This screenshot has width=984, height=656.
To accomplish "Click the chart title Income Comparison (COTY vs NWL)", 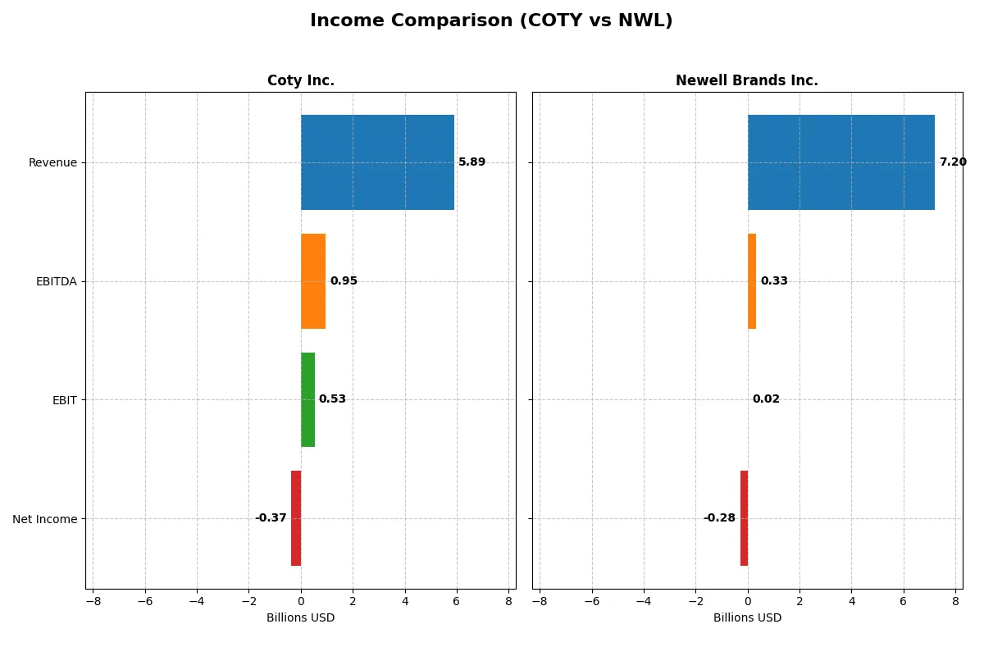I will [x=491, y=21].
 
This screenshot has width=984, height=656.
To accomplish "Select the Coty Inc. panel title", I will [x=300, y=81].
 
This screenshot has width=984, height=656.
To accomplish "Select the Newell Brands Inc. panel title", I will [x=746, y=81].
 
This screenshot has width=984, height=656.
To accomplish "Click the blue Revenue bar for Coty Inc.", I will [x=377, y=162].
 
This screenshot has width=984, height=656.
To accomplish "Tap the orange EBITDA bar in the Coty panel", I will [x=313, y=281].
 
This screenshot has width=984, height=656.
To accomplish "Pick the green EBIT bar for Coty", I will [x=307, y=399].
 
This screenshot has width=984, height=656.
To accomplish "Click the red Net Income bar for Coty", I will [x=296, y=518].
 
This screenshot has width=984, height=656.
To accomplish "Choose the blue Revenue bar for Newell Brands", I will [x=840, y=162].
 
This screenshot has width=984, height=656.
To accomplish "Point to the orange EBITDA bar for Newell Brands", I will [x=752, y=281].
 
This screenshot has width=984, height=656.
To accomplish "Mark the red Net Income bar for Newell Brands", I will [x=744, y=518].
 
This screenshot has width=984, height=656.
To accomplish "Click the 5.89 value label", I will [x=471, y=162].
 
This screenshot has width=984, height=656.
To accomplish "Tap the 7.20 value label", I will [x=953, y=162].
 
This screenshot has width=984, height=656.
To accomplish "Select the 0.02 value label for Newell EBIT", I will [x=766, y=399].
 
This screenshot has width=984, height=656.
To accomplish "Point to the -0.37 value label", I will [x=271, y=518].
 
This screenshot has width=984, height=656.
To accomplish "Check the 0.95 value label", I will [x=344, y=281].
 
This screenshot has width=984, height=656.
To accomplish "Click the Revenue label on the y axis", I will [x=52, y=163].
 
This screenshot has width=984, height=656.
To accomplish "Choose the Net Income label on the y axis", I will [x=45, y=519].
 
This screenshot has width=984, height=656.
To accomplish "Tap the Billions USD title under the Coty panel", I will [x=300, y=618].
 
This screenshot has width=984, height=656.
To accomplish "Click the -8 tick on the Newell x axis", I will [x=540, y=601].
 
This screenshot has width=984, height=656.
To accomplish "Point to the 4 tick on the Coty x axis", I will [x=404, y=601].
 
